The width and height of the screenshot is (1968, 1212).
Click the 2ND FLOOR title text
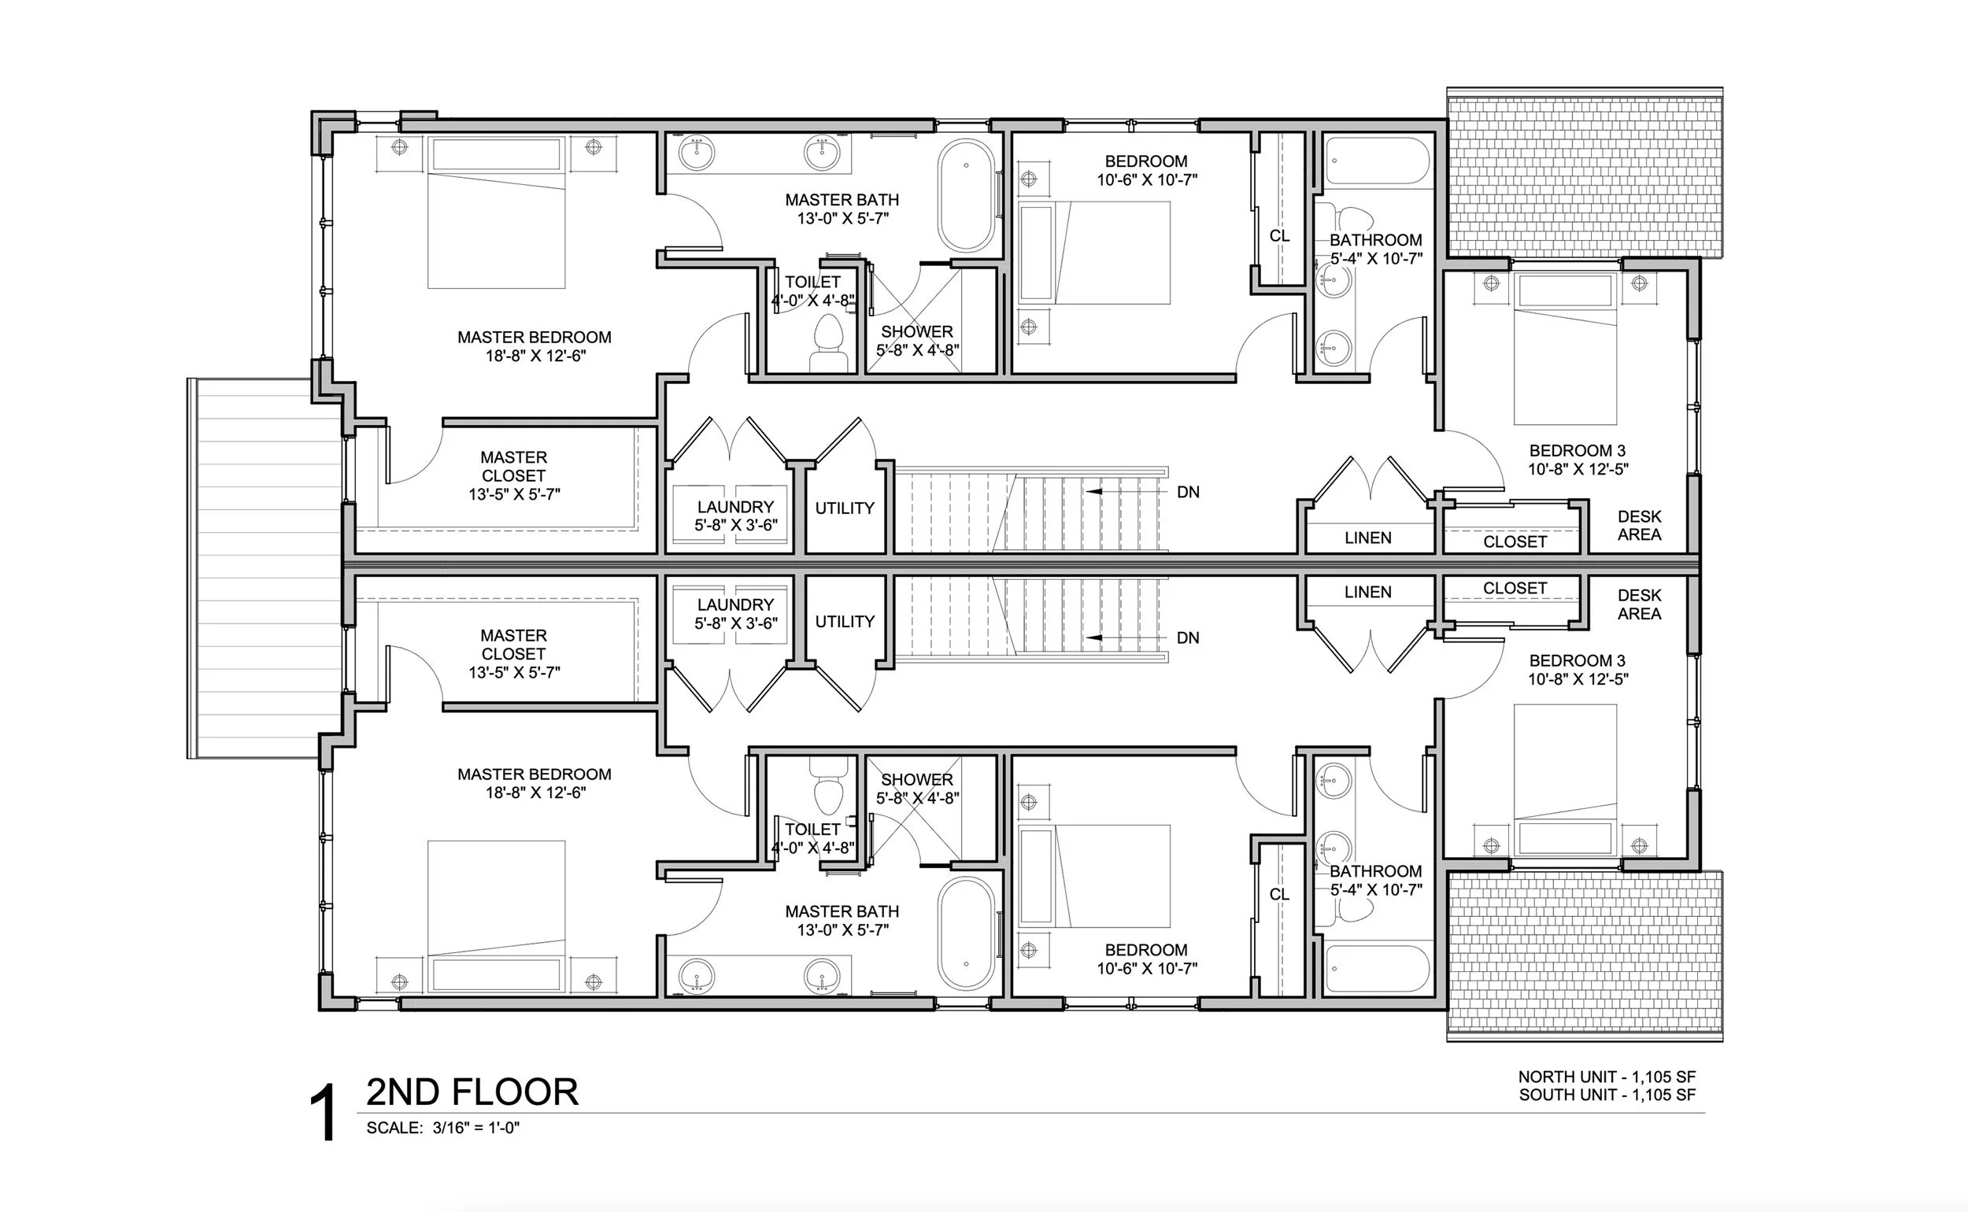point(472,1092)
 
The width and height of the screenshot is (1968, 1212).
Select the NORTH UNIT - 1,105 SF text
point(1607,1077)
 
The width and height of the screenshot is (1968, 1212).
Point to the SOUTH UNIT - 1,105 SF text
point(1607,1095)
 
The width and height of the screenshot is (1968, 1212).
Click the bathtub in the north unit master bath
point(966,197)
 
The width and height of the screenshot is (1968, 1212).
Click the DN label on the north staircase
point(1188,492)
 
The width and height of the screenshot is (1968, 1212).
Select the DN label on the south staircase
point(1188,638)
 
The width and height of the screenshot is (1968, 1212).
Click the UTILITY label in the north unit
point(844,508)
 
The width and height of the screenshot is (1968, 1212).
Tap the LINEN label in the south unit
point(1367,593)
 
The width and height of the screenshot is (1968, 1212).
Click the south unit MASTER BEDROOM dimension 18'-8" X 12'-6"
point(535,793)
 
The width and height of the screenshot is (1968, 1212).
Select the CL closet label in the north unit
point(1279,236)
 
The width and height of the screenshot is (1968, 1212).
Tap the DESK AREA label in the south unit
point(1639,604)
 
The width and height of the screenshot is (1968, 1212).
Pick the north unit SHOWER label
point(917,332)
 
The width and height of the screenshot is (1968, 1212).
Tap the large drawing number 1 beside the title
point(324,1113)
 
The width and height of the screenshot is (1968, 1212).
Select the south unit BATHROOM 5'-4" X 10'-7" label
point(1375,880)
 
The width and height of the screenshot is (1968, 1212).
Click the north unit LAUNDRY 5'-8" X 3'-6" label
point(735,516)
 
